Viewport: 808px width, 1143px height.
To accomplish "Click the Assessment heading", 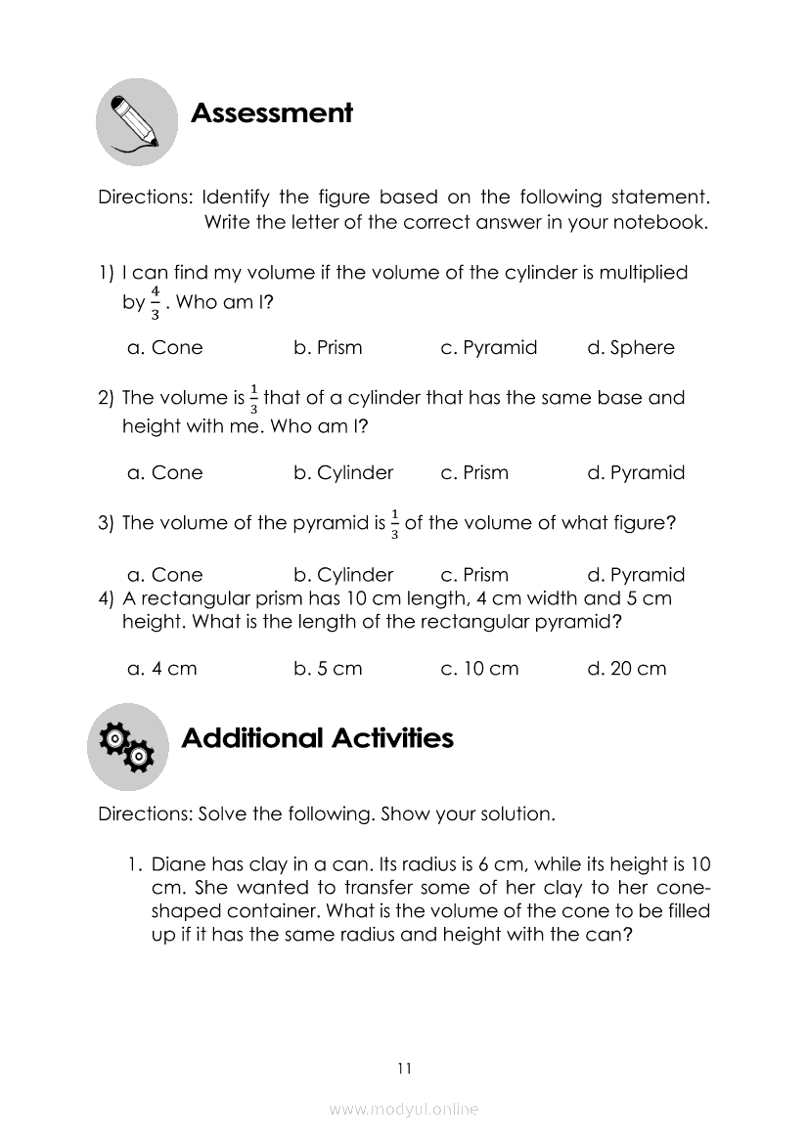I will [x=271, y=113].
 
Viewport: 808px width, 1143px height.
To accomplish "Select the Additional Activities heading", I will [x=317, y=738].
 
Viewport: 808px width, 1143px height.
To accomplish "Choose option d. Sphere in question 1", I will [x=630, y=348].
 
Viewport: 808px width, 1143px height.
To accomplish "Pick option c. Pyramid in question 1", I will [x=488, y=348].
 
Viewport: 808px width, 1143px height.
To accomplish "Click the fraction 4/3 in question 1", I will [x=155, y=302].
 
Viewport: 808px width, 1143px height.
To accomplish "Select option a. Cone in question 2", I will [x=165, y=473].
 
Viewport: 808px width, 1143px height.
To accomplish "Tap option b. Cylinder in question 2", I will [x=342, y=473].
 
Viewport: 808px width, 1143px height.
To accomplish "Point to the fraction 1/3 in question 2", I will [x=254, y=399].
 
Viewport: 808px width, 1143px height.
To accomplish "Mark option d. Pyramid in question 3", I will [x=635, y=575].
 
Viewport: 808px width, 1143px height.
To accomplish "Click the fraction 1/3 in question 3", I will [x=394, y=524].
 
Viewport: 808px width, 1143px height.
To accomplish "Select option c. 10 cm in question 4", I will [x=479, y=669].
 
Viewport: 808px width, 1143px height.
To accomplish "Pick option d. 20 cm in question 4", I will [x=626, y=669].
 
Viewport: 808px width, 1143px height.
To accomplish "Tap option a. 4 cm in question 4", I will [x=162, y=669].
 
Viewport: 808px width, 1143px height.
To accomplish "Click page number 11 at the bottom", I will [x=404, y=1068].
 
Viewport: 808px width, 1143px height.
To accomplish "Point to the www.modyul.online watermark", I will [x=404, y=1109].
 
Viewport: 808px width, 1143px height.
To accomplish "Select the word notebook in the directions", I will [x=659, y=222].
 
